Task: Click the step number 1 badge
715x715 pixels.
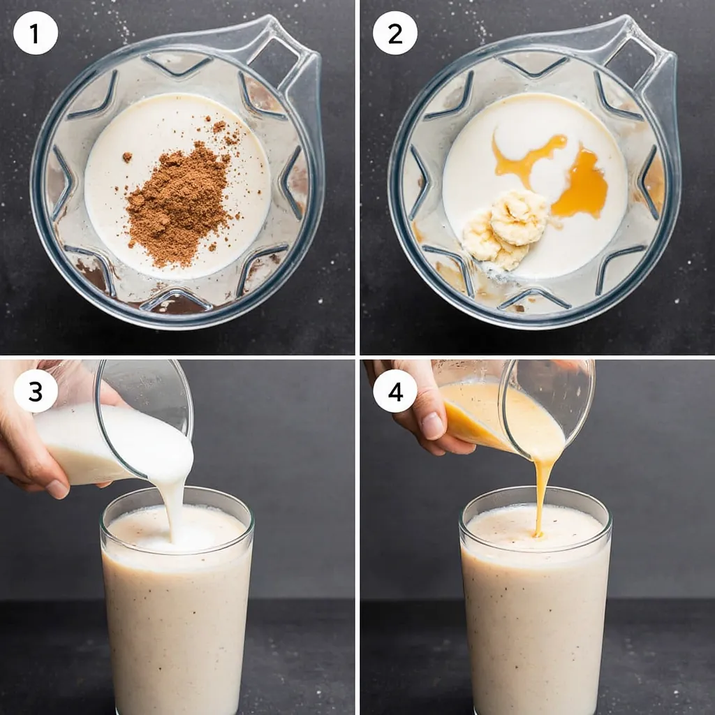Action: click(x=36, y=33)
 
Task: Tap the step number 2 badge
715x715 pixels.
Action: click(x=395, y=33)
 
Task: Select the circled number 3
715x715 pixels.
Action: click(x=36, y=391)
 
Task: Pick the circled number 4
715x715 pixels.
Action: click(x=395, y=391)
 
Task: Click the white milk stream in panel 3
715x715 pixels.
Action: click(x=175, y=497)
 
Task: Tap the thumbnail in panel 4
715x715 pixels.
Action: click(x=432, y=426)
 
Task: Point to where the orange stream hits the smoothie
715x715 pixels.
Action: click(x=538, y=533)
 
